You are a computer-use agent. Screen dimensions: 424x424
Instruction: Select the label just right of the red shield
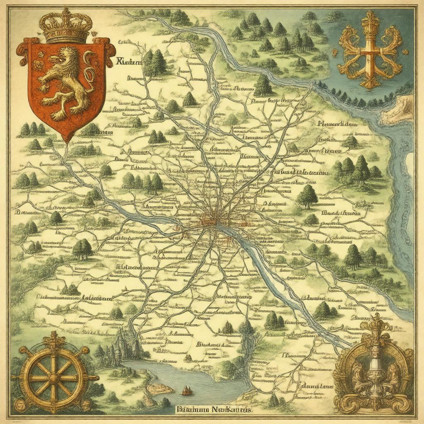(129, 63)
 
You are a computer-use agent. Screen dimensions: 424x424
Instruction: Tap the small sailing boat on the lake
(187, 390)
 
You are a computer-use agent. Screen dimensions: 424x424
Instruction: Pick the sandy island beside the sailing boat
(160, 388)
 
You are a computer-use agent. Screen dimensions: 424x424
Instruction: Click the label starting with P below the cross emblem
(337, 123)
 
